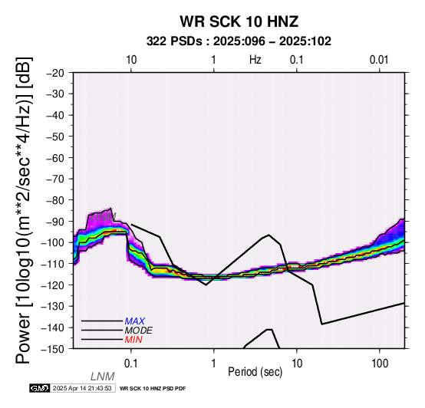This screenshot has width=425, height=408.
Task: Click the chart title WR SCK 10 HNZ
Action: coord(239,21)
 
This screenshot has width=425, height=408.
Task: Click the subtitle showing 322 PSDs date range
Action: coord(239,41)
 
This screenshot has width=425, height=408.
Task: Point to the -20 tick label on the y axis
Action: coord(54,73)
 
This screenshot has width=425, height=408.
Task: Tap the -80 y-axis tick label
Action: coord(54,200)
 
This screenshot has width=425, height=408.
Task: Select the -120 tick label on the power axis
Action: coord(52,285)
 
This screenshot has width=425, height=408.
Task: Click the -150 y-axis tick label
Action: coord(52,349)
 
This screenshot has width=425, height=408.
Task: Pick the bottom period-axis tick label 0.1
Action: coord(130,364)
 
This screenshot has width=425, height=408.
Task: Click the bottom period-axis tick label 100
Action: coord(380,364)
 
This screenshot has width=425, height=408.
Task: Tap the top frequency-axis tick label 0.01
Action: coord(379,60)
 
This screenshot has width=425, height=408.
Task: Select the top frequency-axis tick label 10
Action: coord(131,60)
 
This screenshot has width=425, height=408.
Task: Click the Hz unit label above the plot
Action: coord(255,60)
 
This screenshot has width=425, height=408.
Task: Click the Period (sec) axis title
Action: coord(255,372)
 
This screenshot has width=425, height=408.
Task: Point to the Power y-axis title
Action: coord(24,210)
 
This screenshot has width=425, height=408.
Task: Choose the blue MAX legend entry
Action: coord(135,321)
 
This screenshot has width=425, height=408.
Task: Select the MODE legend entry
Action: coord(139,331)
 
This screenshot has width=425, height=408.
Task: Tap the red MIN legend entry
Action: coord(133,340)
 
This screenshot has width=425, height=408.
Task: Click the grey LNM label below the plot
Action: coord(103,377)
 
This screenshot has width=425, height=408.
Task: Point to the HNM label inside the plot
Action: coord(104,217)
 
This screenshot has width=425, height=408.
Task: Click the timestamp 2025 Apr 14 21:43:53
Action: coord(82,388)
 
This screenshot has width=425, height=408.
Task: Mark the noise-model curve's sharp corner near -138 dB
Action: coord(321,324)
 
